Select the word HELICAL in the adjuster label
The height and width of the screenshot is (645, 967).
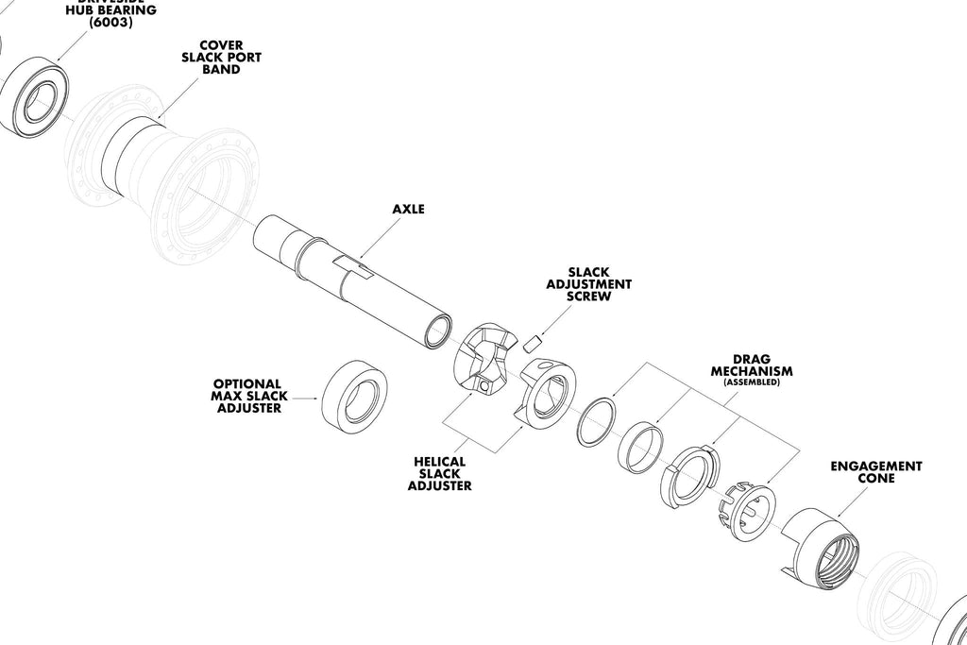pyautogui.click(x=439, y=462)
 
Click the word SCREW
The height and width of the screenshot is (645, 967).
pyautogui.click(x=589, y=296)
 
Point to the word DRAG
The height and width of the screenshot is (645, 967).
pyautogui.click(x=752, y=359)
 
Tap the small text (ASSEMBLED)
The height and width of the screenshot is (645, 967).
pyautogui.click(x=752, y=382)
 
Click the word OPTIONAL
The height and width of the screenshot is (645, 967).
pyautogui.click(x=246, y=384)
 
